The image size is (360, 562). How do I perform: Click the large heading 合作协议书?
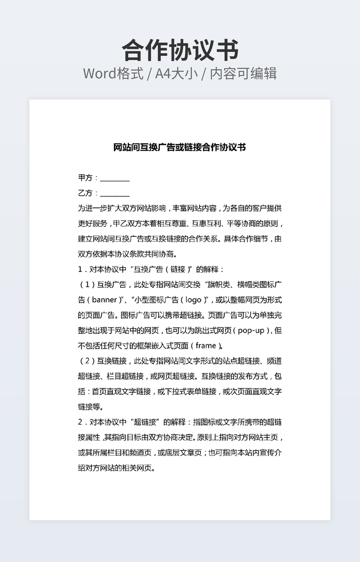tap(180, 51)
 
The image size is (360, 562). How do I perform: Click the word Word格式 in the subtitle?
tap(113, 73)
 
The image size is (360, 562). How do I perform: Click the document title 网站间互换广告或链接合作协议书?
tap(180, 147)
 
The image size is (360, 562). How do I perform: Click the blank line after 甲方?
tap(115, 179)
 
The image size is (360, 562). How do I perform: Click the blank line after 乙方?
tap(115, 193)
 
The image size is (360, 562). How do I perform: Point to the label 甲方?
tap(85, 178)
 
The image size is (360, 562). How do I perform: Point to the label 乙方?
tap(85, 193)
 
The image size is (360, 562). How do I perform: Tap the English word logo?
tap(193, 300)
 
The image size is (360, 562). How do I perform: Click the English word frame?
tap(206, 345)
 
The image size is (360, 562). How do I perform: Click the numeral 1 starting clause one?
tap(80, 269)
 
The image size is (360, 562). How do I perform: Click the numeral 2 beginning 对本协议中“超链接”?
tap(80, 422)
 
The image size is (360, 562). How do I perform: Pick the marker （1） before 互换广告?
tap(86, 285)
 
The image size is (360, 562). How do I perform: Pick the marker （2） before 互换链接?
tap(86, 361)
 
